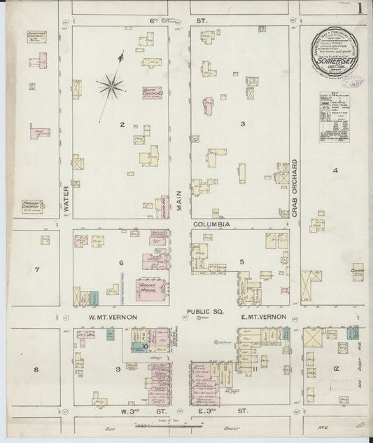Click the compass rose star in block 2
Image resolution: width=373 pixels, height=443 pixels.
click(111, 86)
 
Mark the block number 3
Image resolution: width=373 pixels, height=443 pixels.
click(243, 124)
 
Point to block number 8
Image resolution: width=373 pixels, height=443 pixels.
click(36, 367)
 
